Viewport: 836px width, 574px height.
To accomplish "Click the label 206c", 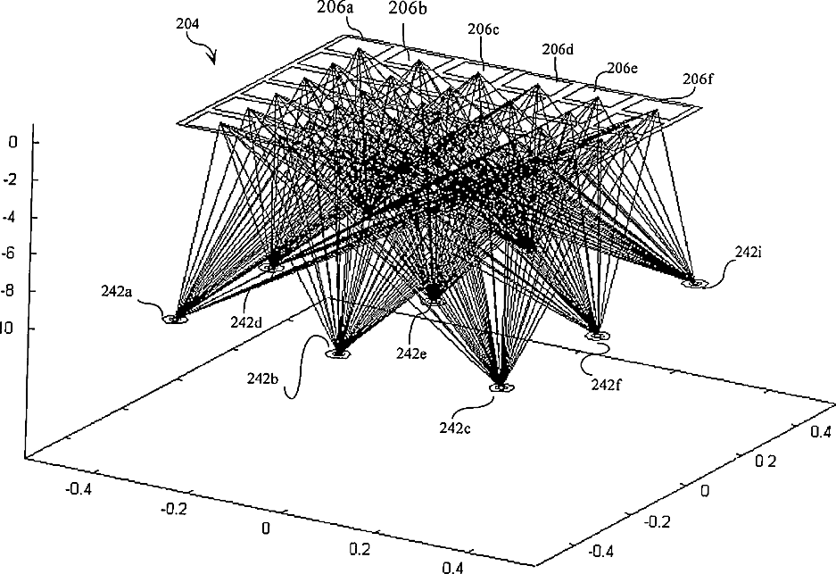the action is [483, 29].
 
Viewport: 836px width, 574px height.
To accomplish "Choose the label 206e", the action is [623, 67].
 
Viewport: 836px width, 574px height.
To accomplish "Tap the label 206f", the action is [700, 79].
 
